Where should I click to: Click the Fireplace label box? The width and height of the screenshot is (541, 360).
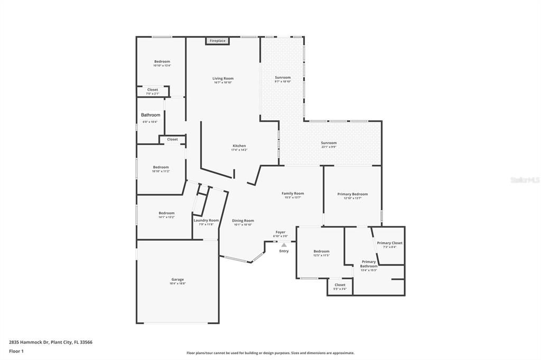point(217,41)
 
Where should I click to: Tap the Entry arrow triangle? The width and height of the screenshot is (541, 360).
point(284,245)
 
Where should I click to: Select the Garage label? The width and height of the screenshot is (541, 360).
point(178,279)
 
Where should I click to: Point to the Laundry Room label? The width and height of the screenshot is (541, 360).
point(206,220)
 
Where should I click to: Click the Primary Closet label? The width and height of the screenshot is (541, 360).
point(389,243)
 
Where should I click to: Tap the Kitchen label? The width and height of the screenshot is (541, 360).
point(239,146)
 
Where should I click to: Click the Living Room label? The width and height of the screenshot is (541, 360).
point(223,78)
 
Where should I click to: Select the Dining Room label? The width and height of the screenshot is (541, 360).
point(244,220)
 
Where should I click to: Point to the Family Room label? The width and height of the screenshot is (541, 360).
point(293,193)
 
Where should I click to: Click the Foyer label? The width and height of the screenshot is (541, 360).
point(280,232)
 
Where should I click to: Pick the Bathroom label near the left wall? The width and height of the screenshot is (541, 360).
point(151,115)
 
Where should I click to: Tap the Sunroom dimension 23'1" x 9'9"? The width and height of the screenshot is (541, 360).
point(329,147)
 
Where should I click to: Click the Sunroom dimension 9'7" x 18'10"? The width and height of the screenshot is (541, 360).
point(283,82)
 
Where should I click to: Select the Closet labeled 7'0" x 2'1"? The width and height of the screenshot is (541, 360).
point(152,93)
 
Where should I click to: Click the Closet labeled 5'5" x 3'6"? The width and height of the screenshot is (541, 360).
point(340,289)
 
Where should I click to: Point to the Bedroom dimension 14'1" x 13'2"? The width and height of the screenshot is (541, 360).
point(166,217)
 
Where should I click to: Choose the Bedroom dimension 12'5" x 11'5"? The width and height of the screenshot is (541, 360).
point(321,255)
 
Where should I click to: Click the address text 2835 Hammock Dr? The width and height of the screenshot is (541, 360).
point(29,342)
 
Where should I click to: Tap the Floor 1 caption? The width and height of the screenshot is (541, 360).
point(16,351)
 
